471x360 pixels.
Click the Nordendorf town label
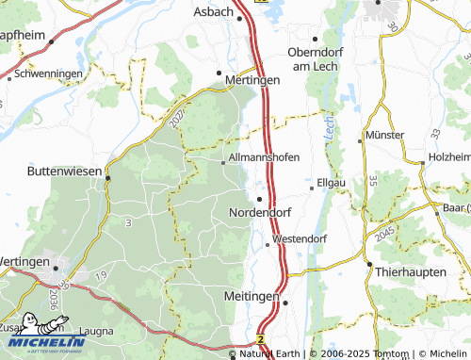pos(261,214)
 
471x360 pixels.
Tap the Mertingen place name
pos(253,81)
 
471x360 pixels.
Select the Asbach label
pos(212,11)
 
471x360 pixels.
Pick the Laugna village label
pos(97,332)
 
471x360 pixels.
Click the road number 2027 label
pos(181,118)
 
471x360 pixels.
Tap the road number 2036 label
pos(54,302)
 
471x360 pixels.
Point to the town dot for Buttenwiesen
pos(107,177)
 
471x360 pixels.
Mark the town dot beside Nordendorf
pos(259,198)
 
